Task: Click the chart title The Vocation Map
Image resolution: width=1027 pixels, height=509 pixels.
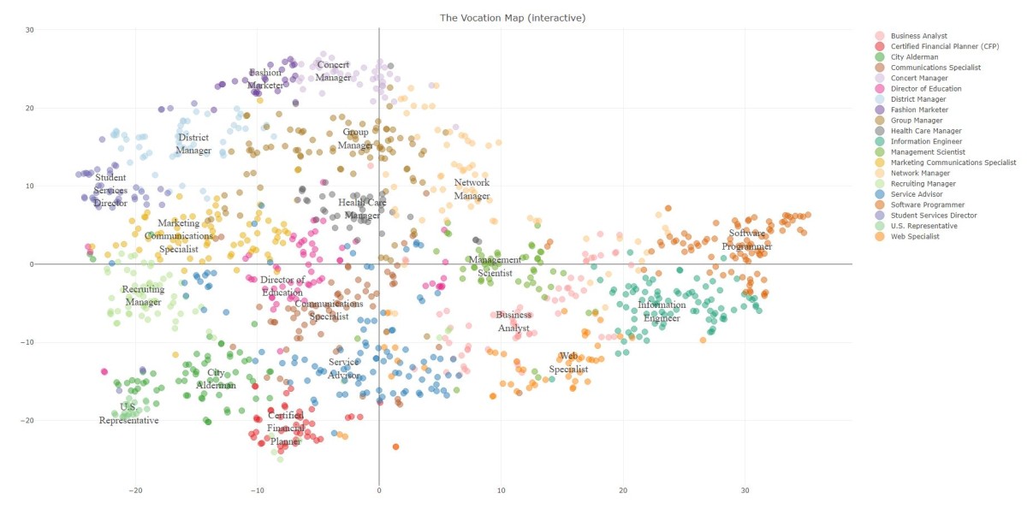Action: [x=513, y=17]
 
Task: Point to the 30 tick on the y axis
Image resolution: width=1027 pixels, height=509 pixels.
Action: [x=28, y=30]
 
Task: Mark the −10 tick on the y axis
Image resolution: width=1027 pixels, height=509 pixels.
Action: [x=27, y=342]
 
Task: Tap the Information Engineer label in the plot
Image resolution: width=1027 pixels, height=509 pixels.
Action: [x=661, y=311]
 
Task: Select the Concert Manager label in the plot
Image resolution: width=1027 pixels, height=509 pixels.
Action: [x=333, y=71]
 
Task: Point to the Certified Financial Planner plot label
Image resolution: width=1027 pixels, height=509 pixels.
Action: [x=285, y=429]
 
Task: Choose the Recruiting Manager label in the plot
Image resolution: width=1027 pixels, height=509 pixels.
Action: [x=143, y=296]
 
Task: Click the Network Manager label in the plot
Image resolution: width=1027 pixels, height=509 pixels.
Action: [x=472, y=189]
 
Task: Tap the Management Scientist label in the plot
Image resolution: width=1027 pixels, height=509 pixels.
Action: [x=494, y=266]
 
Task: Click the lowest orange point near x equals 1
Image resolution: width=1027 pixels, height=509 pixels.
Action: [x=395, y=447]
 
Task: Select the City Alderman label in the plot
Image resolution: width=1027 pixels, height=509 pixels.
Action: [x=216, y=379]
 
